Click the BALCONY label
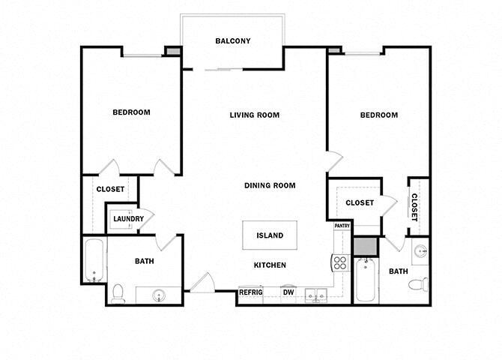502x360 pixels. pyautogui.click(x=232, y=41)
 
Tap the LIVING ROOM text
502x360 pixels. pyautogui.click(x=254, y=115)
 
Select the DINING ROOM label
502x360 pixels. pyautogui.click(x=270, y=185)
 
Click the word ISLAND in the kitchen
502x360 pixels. pyautogui.click(x=270, y=235)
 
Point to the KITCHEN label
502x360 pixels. pyautogui.click(x=270, y=265)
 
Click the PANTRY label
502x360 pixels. pyautogui.click(x=342, y=225)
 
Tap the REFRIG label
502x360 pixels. pyautogui.click(x=250, y=292)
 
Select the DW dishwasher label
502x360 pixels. pyautogui.click(x=288, y=292)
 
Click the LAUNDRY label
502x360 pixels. pyautogui.click(x=128, y=219)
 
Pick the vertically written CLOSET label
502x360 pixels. pyautogui.click(x=414, y=207)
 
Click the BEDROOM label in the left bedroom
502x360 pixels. pyautogui.click(x=131, y=112)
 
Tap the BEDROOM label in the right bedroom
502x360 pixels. pyautogui.click(x=378, y=115)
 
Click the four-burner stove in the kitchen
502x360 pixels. pyautogui.click(x=340, y=262)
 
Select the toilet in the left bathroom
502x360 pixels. pyautogui.click(x=118, y=293)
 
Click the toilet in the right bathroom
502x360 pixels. pyautogui.click(x=420, y=283)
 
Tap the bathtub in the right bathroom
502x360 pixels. pyautogui.click(x=365, y=280)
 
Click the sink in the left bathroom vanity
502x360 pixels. pyautogui.click(x=159, y=295)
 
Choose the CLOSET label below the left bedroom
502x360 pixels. pyautogui.click(x=110, y=189)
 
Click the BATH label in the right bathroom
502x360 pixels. pyautogui.click(x=398, y=272)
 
